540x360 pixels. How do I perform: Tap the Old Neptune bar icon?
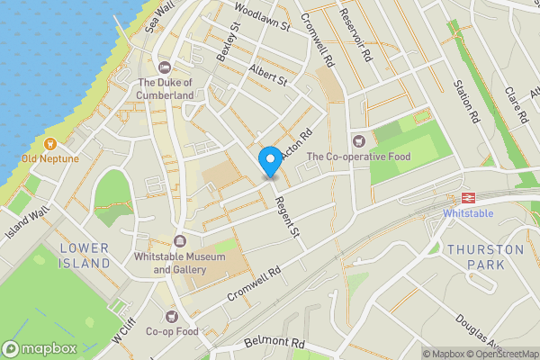[x=50, y=143]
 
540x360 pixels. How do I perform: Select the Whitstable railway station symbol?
[x=468, y=197]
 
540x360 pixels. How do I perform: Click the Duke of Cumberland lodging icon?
[x=165, y=68]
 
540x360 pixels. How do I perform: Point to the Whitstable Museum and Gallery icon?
[x=179, y=240]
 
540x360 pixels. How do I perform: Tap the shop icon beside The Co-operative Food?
[x=360, y=140]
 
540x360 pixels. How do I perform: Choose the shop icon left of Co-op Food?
[x=172, y=315]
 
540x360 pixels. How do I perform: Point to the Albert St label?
[x=268, y=75]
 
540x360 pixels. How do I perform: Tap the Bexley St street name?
[x=229, y=41]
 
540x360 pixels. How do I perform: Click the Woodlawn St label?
[x=262, y=17]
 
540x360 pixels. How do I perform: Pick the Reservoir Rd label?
[x=355, y=36]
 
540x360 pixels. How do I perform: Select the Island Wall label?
[x=27, y=213]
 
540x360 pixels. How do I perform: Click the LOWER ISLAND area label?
[x=84, y=256]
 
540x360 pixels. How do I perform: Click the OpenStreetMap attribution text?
[x=500, y=354]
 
